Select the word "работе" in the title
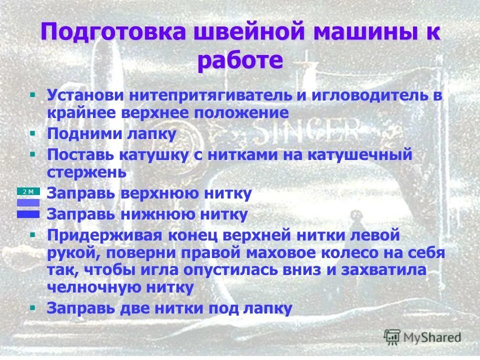[x=240, y=61]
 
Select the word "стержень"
[x=86, y=172]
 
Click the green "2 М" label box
[x=28, y=191]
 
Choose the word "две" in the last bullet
[x=136, y=308]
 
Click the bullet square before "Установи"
[x=32, y=93]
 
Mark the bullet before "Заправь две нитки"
[x=32, y=306]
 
